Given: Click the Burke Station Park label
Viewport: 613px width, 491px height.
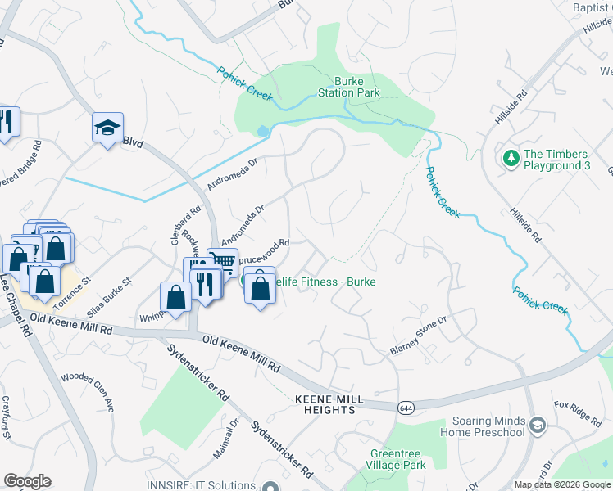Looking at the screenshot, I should click(356, 87).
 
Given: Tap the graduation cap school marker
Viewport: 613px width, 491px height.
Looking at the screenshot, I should click(107, 128).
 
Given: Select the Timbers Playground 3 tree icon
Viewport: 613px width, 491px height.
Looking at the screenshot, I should click(511, 156).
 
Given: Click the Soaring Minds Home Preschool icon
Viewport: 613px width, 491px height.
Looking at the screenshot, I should click(538, 425).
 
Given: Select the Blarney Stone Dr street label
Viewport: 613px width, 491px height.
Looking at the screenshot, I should click(417, 336).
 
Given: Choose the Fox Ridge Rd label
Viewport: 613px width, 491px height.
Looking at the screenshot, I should click(577, 414).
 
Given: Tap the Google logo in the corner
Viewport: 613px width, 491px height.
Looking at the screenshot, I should click(27, 481).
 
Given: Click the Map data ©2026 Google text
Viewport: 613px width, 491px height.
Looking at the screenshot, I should click(562, 484).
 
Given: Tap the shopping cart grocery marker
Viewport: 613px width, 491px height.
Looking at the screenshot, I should click(223, 260).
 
